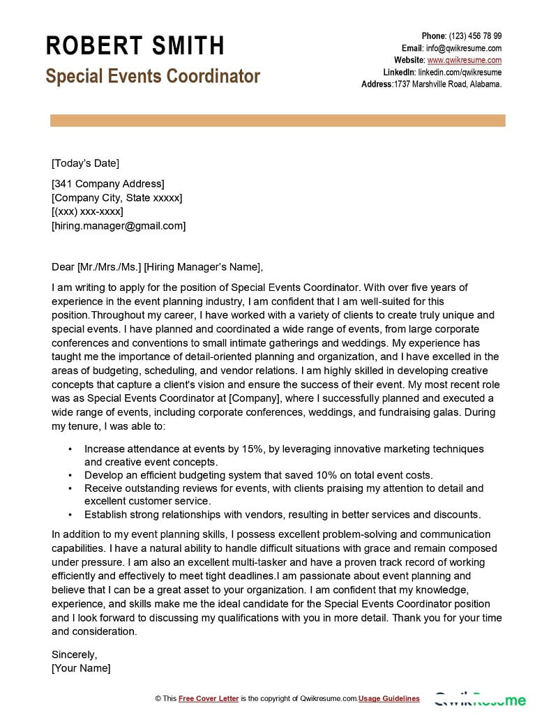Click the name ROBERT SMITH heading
tap(135, 46)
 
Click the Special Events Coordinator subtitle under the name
tap(153, 76)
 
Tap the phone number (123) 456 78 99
tap(475, 36)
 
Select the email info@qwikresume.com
tap(464, 48)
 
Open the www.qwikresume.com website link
tap(465, 60)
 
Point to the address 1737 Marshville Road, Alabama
tap(448, 84)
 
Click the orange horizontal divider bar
tap(278, 121)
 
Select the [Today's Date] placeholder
tap(85, 163)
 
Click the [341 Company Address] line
tap(108, 184)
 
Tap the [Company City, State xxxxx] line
tap(116, 198)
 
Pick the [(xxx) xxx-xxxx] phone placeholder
tap(87, 211)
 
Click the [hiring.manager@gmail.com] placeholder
tap(119, 225)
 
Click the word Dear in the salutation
tap(63, 266)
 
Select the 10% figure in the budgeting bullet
tap(315, 475)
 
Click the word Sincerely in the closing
tap(75, 654)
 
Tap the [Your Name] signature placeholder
tap(81, 668)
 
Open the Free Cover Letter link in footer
tap(209, 698)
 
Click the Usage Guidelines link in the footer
tap(389, 698)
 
